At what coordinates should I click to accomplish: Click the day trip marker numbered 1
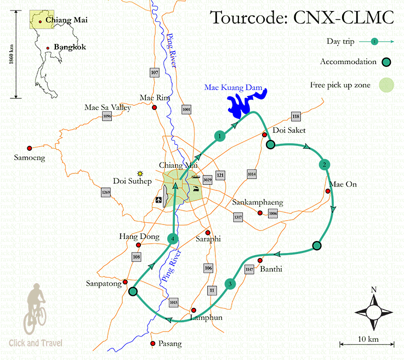click(x=219, y=136)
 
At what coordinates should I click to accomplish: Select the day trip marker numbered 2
click(x=325, y=164)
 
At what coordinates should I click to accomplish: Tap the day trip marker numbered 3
click(x=230, y=284)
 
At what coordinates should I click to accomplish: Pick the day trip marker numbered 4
click(x=173, y=238)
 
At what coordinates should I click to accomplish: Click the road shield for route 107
click(x=154, y=72)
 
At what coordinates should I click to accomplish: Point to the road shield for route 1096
click(x=107, y=116)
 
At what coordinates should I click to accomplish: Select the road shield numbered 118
click(x=296, y=116)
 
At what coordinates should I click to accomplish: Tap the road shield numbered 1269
click(x=106, y=193)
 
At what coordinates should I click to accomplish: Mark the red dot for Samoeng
click(x=30, y=147)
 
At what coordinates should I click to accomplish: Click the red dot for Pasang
click(x=152, y=344)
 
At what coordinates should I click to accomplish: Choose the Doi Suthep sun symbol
click(x=140, y=173)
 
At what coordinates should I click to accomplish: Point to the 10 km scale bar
click(x=367, y=345)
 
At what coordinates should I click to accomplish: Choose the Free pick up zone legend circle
click(x=387, y=85)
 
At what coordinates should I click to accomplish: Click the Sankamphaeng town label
click(x=256, y=201)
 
